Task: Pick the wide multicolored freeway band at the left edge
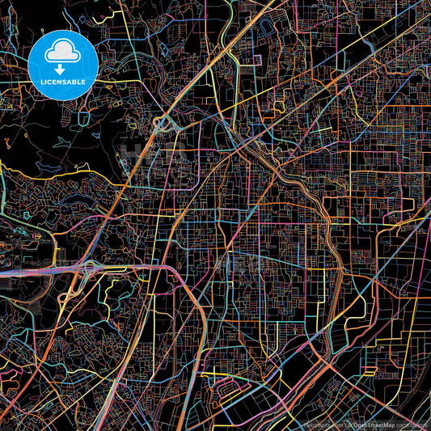[x=24, y=273]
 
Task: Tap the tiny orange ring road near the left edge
[x=28, y=217]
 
